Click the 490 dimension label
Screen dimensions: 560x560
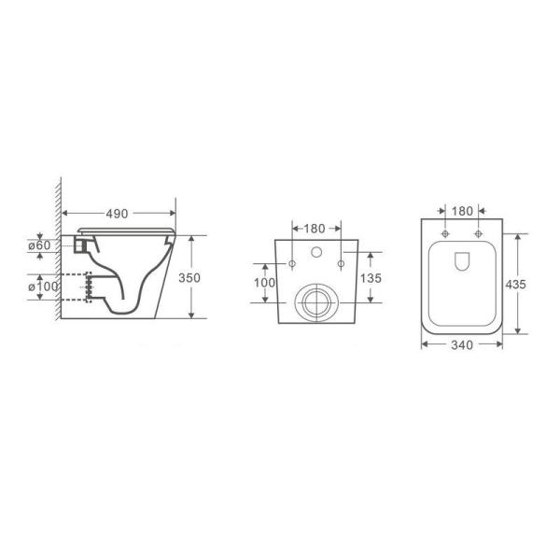coord(117,214)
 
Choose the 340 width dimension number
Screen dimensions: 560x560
coord(461,344)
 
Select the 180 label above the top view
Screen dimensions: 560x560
coord(461,211)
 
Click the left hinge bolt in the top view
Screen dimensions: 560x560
coord(445,233)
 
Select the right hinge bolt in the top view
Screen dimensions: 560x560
coord(478,233)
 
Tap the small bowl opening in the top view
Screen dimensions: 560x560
coord(462,264)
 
